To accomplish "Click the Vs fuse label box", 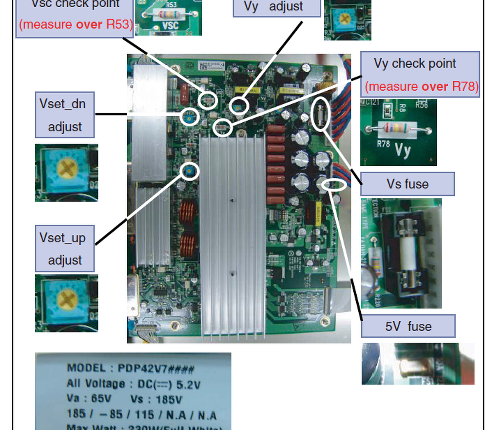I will click(407, 184).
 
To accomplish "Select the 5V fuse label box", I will click(408, 326).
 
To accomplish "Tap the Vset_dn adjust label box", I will click(65, 115).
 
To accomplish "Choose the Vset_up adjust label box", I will click(65, 249).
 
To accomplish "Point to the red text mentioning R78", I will click(421, 87).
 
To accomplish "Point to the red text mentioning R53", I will click(76, 24).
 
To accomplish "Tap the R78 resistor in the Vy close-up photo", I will click(399, 129).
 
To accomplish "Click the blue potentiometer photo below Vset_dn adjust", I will click(66, 173).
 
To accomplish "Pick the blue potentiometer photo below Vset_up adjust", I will click(66, 303).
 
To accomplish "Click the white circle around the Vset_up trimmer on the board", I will click(190, 170).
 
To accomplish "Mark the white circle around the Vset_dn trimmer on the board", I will click(190, 116).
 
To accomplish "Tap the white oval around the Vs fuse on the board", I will click(321, 114).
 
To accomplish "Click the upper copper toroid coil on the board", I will click(188, 212).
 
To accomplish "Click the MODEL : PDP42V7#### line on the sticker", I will click(130, 369).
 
